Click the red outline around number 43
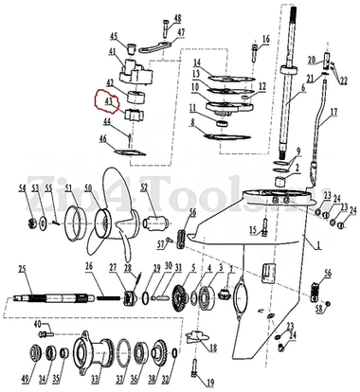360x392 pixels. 100,99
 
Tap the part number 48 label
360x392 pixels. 179,19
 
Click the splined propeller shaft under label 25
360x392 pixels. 57,302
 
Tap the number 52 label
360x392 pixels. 144,188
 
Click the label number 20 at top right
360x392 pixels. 326,59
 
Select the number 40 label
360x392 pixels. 39,325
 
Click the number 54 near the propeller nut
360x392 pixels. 22,189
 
